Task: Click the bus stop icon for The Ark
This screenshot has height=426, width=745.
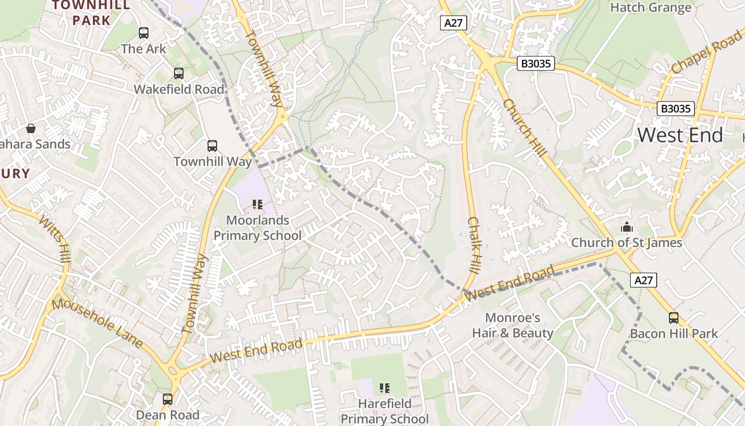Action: tap(144, 33)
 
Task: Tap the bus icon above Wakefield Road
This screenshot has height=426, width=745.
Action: tap(179, 73)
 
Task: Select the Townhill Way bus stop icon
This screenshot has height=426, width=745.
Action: tap(212, 145)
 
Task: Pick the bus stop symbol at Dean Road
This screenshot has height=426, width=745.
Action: tap(168, 399)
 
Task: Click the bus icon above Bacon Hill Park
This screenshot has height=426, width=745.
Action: tap(674, 318)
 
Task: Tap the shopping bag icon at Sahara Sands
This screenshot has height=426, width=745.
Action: tap(31, 128)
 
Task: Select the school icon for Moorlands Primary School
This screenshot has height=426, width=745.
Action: tap(258, 204)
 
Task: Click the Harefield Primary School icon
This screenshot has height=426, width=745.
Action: tap(384, 388)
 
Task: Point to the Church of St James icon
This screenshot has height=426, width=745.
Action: tap(626, 227)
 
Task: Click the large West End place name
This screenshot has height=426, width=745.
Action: tap(680, 135)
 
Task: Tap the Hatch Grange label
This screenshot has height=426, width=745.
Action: tap(650, 7)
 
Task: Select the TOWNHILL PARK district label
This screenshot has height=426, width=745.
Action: tap(91, 13)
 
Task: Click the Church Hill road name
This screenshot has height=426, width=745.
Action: tap(525, 128)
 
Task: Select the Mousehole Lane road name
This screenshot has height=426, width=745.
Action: tap(97, 323)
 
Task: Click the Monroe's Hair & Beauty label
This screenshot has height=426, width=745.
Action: tap(512, 325)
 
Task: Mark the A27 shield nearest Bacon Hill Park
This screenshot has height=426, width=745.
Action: tap(643, 280)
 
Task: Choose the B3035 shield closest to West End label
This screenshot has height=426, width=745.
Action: tap(675, 109)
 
